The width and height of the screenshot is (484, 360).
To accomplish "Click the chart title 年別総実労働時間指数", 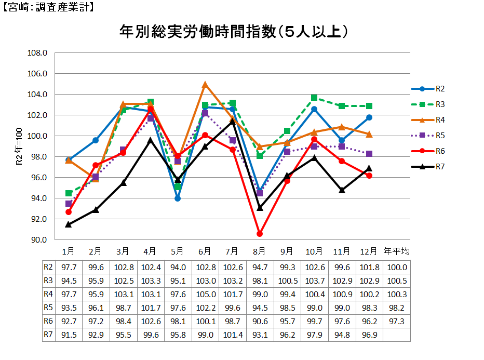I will pyautogui.click(x=233, y=32).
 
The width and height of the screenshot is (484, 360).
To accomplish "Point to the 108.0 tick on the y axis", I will pyautogui.click(x=37, y=53).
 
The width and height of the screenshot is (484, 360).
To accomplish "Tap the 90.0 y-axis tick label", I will pyautogui.click(x=37, y=240).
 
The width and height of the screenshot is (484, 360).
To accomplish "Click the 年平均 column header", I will pyautogui.click(x=396, y=251).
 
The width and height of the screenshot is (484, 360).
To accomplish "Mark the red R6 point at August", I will pyautogui.click(x=260, y=234).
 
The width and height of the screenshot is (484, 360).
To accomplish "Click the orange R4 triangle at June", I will pyautogui.click(x=205, y=84).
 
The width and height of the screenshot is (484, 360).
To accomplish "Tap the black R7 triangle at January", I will pyautogui.click(x=68, y=224).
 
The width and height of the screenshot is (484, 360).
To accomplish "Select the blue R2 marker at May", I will pyautogui.click(x=178, y=198).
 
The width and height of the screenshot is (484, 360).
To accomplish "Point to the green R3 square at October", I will pyautogui.click(x=314, y=98).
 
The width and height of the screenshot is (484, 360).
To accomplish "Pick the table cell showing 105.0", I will pyautogui.click(x=205, y=294).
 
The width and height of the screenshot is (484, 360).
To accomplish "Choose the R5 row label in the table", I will pyautogui.click(x=48, y=308).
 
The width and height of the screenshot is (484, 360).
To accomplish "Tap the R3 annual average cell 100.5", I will pyautogui.click(x=396, y=281).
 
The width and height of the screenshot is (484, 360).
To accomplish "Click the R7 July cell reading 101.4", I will pyautogui.click(x=232, y=335).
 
